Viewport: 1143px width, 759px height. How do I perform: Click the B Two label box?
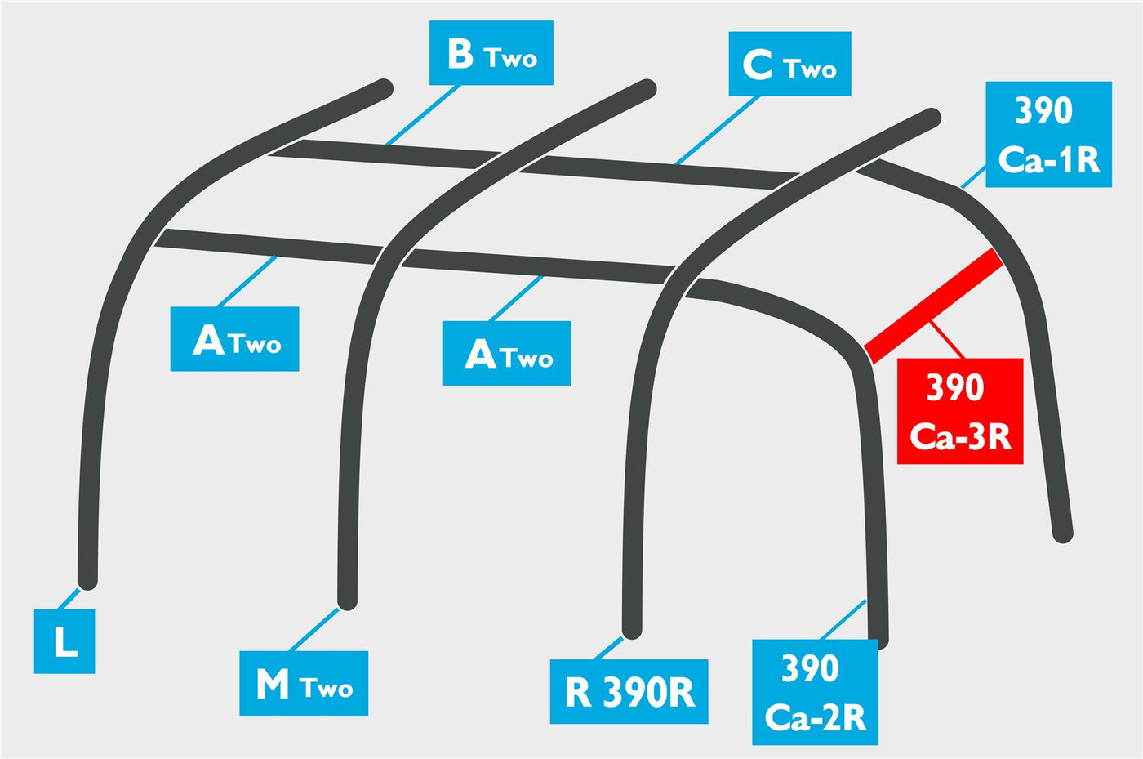491,52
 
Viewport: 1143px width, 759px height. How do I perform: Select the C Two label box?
789,64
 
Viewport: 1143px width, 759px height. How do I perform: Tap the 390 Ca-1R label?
1048,134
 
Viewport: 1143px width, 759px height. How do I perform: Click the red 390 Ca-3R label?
960,411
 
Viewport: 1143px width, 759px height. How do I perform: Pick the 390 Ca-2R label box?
815,692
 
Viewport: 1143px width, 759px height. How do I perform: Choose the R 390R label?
629,691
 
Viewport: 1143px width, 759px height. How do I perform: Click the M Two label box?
304,683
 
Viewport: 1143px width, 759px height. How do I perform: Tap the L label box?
64,641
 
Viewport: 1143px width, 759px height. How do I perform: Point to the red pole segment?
933,306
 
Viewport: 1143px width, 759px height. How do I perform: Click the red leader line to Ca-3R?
948,340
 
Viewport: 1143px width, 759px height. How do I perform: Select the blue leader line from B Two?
423,115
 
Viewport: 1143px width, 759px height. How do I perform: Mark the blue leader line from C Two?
717,130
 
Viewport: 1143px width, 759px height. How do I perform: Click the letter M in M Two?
273,684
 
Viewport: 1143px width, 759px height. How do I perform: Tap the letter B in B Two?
460,54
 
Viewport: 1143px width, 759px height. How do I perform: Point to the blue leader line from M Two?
314,630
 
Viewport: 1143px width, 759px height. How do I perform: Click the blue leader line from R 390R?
607,648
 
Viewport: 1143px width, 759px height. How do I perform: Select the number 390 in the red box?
954,387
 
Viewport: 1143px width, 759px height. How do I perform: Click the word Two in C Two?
810,69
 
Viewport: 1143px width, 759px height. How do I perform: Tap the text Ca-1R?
1048,160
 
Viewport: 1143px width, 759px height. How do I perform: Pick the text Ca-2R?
816,717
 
